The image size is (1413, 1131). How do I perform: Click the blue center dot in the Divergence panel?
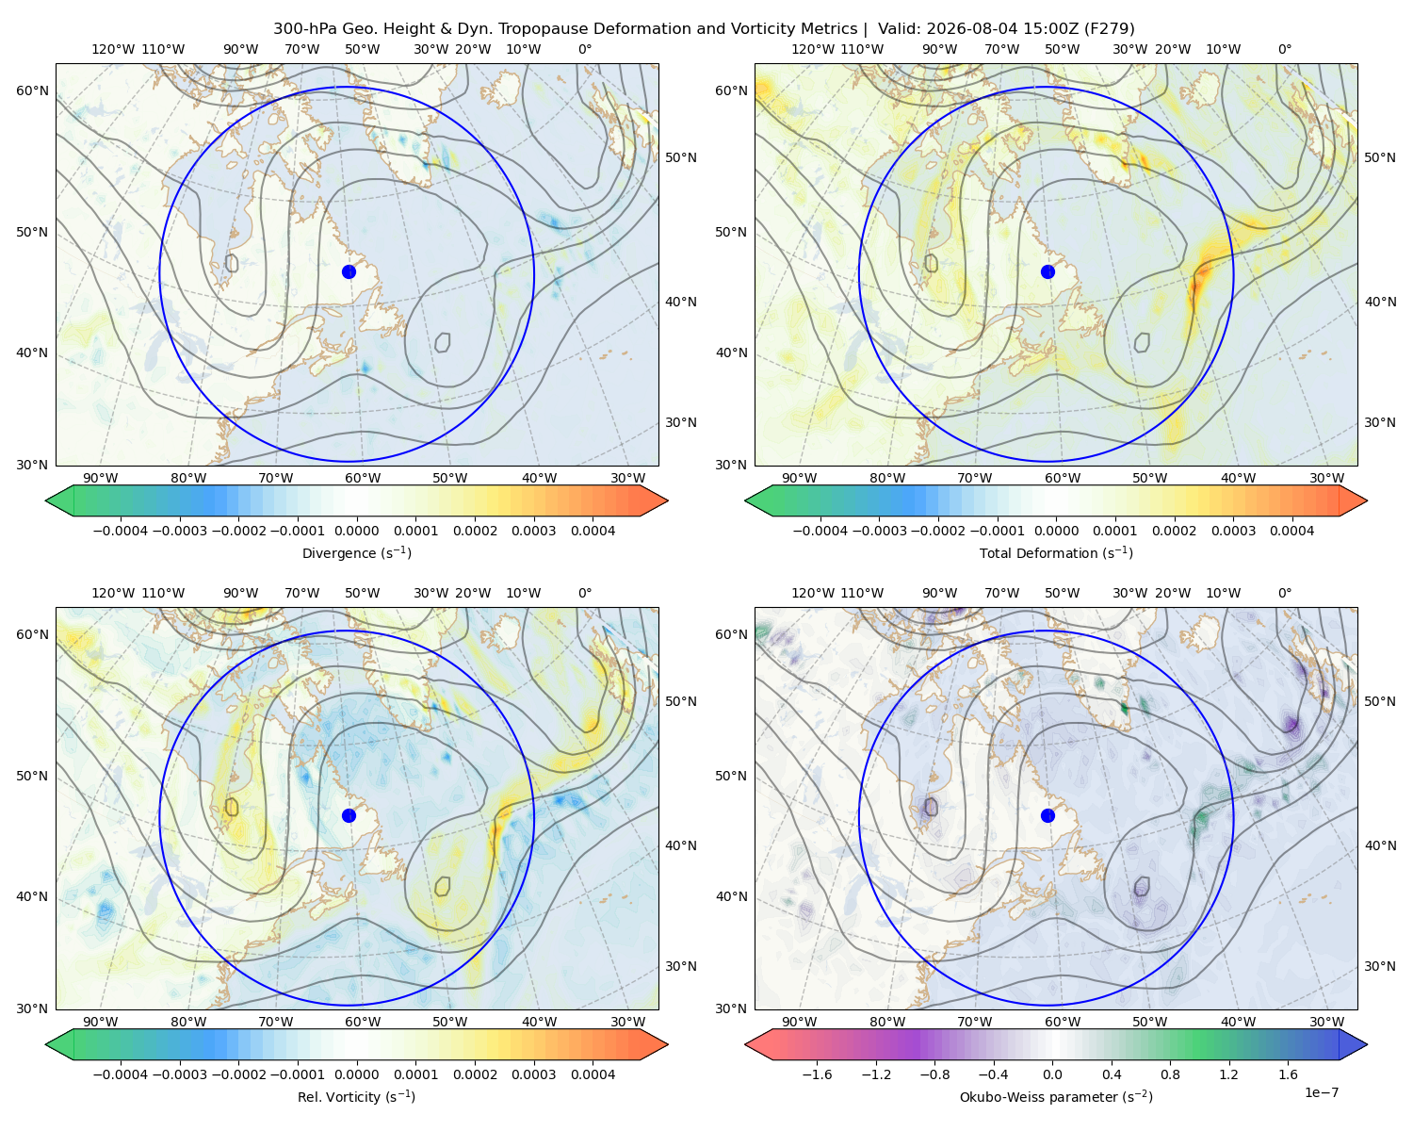pos(349,271)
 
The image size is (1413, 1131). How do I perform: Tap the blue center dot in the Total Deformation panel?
pos(1048,271)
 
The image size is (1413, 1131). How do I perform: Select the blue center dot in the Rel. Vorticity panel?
pos(349,815)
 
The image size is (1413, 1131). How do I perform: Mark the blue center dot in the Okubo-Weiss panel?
pos(1048,815)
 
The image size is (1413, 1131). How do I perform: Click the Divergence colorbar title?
pos(356,552)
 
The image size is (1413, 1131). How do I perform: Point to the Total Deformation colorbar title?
pos(1056,552)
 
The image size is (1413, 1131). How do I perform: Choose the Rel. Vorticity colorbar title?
pos(356,1096)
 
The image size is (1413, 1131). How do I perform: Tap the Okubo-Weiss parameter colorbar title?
pos(1056,1096)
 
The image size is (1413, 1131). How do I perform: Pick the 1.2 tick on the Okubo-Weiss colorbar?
pos(1228,1074)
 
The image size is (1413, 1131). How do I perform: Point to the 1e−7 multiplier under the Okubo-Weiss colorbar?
pos(1321,1092)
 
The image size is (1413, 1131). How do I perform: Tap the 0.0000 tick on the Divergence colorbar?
pos(356,531)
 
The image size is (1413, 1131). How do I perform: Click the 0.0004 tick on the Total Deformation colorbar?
pos(1291,531)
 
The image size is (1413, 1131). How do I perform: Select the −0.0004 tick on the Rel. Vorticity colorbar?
pos(121,1074)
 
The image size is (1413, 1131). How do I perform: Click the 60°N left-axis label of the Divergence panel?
pos(32,90)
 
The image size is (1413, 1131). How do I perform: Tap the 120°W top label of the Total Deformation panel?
pos(812,49)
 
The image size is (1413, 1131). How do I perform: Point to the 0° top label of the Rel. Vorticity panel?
pos(585,593)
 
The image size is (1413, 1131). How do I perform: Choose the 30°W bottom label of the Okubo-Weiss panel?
pos(1326,1022)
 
